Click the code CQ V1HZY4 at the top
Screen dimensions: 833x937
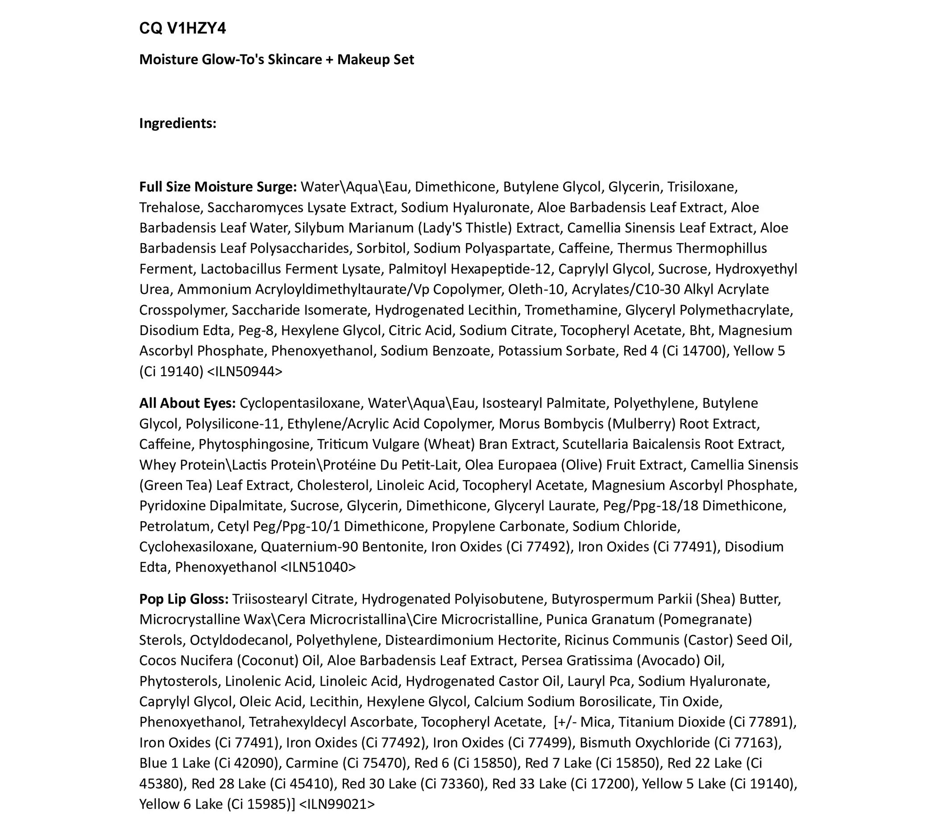(182, 29)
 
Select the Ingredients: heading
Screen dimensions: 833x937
(178, 123)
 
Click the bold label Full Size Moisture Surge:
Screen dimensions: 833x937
(218, 187)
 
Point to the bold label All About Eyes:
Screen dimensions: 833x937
(187, 403)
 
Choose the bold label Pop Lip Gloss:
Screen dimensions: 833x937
(184, 599)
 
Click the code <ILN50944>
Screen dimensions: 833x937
(245, 371)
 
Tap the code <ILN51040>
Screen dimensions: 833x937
(318, 568)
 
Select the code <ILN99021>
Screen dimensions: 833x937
(337, 804)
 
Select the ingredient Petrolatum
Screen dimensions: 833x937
(174, 526)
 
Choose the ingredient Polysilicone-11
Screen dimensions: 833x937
(232, 424)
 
